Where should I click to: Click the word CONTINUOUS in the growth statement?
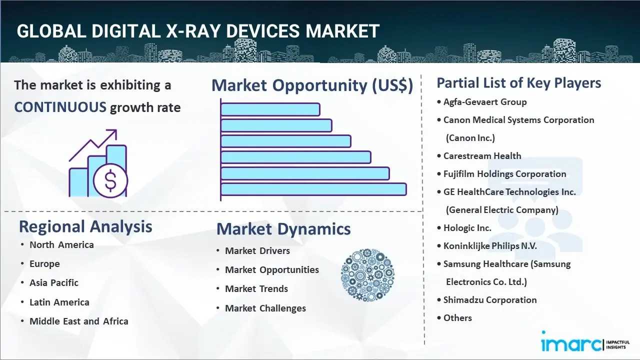point(60,107)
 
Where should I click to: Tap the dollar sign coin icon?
point(110,181)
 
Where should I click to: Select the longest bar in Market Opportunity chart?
point(313,189)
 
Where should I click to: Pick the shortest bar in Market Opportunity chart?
point(270,109)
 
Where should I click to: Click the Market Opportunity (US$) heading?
point(312,85)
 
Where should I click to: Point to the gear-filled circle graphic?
point(367,275)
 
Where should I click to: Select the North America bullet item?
point(61,244)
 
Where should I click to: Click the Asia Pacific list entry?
point(54,282)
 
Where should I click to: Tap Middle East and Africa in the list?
point(78,321)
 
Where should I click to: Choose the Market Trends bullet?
point(256,288)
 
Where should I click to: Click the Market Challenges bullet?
point(265,308)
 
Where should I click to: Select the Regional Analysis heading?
point(85,226)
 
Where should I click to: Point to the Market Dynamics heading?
point(283,229)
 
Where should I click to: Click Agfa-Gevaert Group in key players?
point(485,102)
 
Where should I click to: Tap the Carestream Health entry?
point(482,156)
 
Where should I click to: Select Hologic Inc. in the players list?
point(467,228)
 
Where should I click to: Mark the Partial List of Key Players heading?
point(519,82)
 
